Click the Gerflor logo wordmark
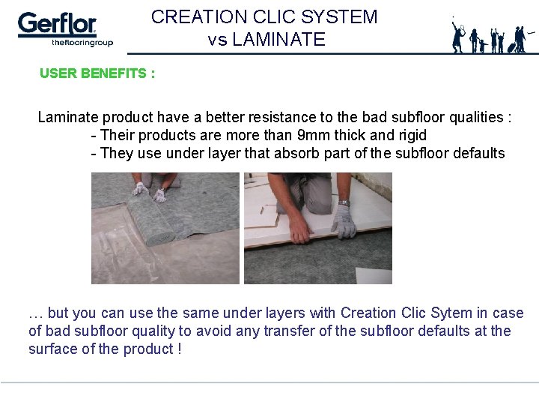click(57, 24)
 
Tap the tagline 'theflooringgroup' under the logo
click(82, 43)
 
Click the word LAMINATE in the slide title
click(278, 40)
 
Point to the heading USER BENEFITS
click(97, 73)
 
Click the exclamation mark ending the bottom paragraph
click(180, 349)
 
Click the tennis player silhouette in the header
click(458, 35)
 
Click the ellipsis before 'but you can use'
click(34, 313)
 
